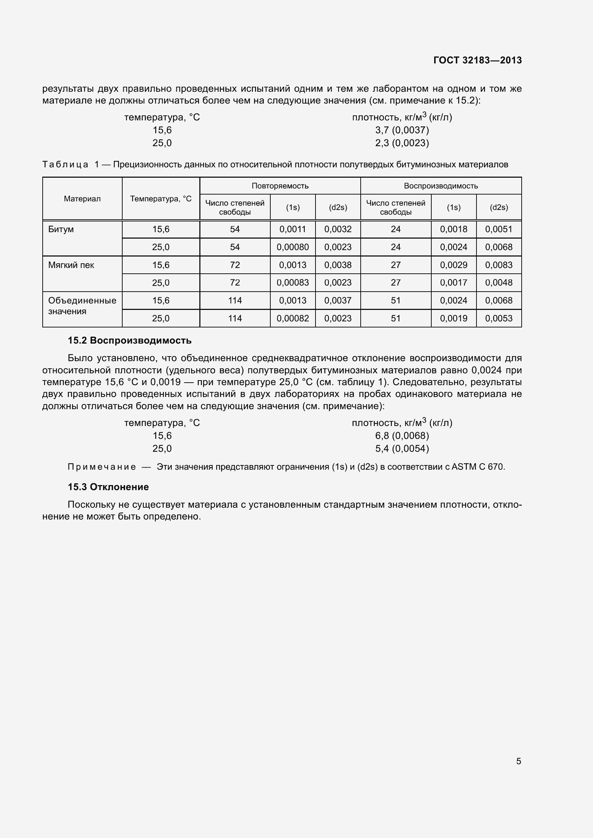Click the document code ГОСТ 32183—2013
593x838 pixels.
(x=477, y=60)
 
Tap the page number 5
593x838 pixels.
(x=518, y=761)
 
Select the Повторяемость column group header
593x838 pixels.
(x=280, y=186)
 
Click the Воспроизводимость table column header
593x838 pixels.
(x=441, y=186)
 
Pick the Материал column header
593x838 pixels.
(x=82, y=198)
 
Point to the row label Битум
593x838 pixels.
(x=61, y=229)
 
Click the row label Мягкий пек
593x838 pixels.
(x=71, y=265)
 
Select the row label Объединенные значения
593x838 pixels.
(x=82, y=306)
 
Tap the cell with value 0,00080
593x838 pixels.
(x=293, y=247)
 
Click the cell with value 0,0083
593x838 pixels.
(x=498, y=265)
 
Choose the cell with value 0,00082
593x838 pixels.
(x=293, y=318)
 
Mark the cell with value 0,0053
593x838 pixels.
(x=498, y=318)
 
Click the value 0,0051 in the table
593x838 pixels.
(x=498, y=229)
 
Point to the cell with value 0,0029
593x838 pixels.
(x=454, y=265)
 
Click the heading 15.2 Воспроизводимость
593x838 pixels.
(x=130, y=340)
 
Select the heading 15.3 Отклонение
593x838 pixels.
(x=108, y=487)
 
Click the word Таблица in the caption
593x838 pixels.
(x=65, y=164)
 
